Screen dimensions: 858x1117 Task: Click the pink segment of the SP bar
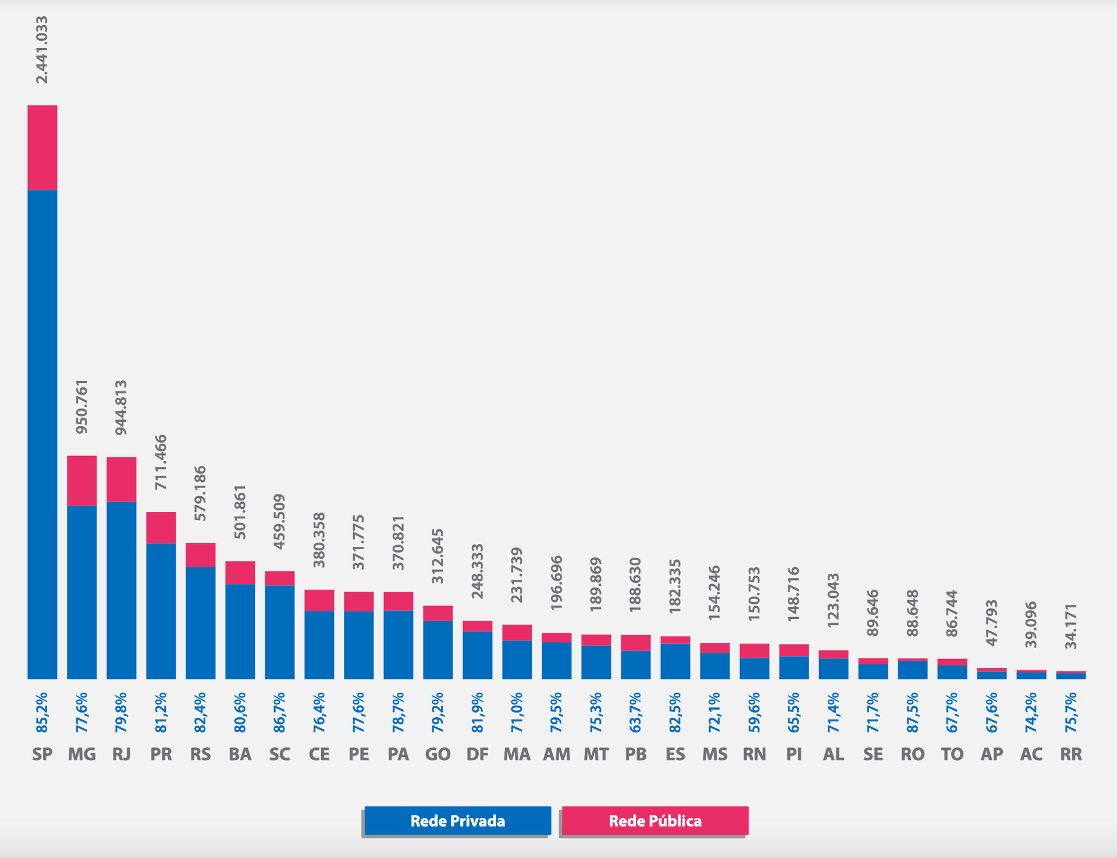tap(42, 148)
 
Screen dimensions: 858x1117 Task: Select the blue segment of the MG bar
tap(82, 592)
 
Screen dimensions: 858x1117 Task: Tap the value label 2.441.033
tap(42, 50)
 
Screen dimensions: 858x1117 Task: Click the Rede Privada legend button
tap(457, 821)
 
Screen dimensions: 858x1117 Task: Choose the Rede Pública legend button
tap(655, 821)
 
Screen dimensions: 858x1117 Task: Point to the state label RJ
tap(122, 754)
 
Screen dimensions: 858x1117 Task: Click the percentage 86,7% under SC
tap(280, 712)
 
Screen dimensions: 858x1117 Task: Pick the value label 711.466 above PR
tap(161, 462)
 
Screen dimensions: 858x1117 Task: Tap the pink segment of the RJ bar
tap(122, 479)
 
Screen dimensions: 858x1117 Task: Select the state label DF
tap(478, 754)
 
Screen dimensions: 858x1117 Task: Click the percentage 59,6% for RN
tap(755, 712)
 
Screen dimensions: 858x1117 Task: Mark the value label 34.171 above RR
tap(1071, 626)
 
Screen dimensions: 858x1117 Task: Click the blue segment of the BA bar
tap(240, 631)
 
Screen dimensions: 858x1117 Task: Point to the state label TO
tap(952, 754)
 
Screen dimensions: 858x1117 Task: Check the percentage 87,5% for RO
tap(913, 712)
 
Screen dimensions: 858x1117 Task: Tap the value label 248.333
tap(478, 571)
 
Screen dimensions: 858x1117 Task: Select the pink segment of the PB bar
tap(636, 643)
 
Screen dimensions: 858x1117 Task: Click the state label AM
tap(557, 754)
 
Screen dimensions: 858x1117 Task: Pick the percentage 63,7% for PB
tap(636, 712)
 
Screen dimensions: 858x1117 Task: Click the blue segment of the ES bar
tap(675, 661)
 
